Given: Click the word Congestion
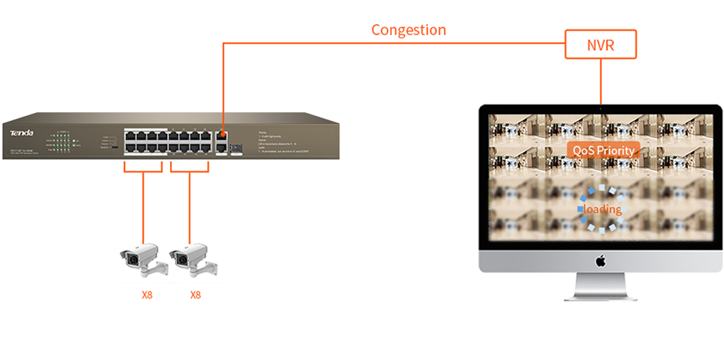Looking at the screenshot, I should pyautogui.click(x=408, y=30).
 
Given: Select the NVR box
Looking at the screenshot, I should pyautogui.click(x=601, y=45).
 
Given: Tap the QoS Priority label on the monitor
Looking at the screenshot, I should pyautogui.click(x=603, y=150).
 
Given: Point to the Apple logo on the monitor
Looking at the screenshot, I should pyautogui.click(x=600, y=261).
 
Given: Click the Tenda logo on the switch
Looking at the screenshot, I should pyautogui.click(x=22, y=132).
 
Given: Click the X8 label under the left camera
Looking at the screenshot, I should pyautogui.click(x=146, y=295).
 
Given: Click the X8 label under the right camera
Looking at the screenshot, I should pyautogui.click(x=195, y=295).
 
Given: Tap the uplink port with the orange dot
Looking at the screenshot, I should pyautogui.click(x=221, y=135).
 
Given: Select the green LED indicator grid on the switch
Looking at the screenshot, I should pyautogui.click(x=63, y=140).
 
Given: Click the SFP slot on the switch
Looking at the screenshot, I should pyautogui.click(x=236, y=147).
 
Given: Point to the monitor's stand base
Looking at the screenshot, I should pyautogui.click(x=600, y=294).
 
